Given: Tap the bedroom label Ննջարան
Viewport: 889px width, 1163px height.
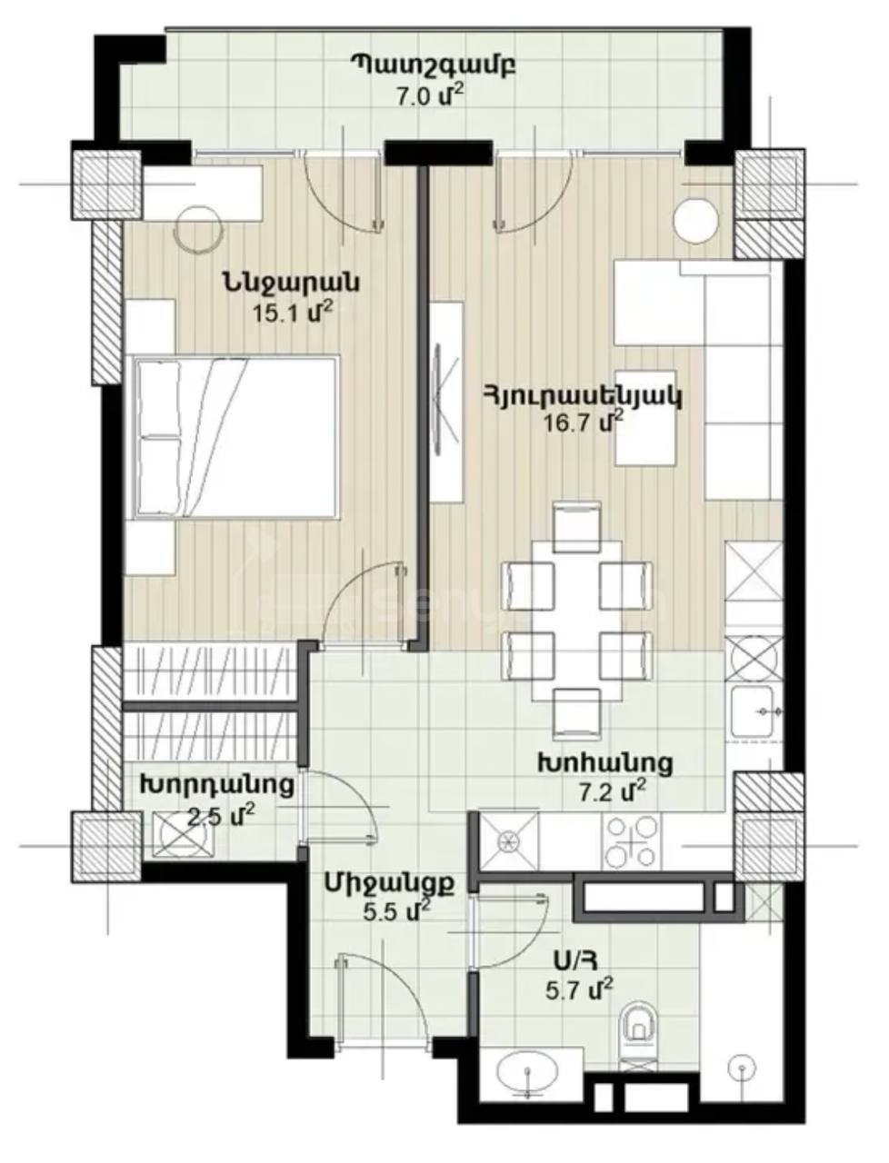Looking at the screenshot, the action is click(291, 283).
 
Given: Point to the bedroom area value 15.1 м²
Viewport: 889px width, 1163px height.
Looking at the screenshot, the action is click(294, 313).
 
